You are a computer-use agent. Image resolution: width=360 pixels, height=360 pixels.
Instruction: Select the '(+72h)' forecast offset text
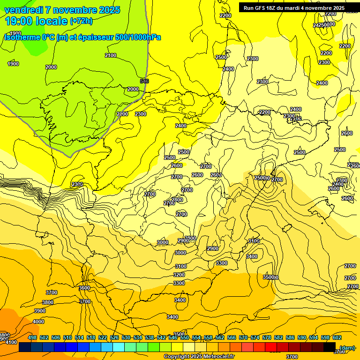pos(81,21)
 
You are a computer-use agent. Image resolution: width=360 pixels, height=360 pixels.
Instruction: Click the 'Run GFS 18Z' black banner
pos(294,8)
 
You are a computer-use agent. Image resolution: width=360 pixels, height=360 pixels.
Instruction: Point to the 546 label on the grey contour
pos(144,81)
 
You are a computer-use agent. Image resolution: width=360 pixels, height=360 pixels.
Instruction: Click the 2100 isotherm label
pos(111,55)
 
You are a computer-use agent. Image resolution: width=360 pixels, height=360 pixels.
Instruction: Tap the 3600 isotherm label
pos(84,288)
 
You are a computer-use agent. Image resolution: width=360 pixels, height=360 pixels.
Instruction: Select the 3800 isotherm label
pos(48,302)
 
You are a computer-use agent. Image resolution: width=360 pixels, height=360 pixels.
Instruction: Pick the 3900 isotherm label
pos(40,311)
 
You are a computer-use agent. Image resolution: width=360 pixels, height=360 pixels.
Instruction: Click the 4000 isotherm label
pos(38,322)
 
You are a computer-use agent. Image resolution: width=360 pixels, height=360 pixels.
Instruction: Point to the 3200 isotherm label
pos(179,275)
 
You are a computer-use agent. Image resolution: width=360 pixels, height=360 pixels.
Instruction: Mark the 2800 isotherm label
pos(177,200)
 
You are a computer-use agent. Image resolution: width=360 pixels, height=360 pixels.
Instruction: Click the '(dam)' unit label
pos(347,347)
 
